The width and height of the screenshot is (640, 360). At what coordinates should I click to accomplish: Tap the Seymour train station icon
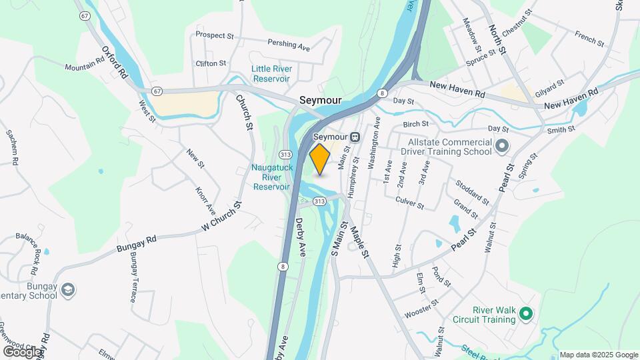click(x=356, y=137)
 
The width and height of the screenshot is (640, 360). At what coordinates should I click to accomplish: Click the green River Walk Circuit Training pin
click(x=526, y=313)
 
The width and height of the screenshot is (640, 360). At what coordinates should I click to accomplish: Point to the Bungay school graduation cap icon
click(x=67, y=290)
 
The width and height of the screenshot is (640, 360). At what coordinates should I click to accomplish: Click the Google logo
click(x=22, y=351)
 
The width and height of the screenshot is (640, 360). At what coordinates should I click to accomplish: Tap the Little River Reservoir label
click(x=271, y=74)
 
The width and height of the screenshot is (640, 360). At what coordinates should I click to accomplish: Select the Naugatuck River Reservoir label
click(x=271, y=177)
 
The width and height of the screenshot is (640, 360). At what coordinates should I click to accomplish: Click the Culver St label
click(x=409, y=203)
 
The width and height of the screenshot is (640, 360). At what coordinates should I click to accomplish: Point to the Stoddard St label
click(x=471, y=191)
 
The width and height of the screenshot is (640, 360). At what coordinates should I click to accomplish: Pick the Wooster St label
click(x=421, y=307)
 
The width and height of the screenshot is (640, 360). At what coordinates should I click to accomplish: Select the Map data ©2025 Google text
click(x=598, y=355)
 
